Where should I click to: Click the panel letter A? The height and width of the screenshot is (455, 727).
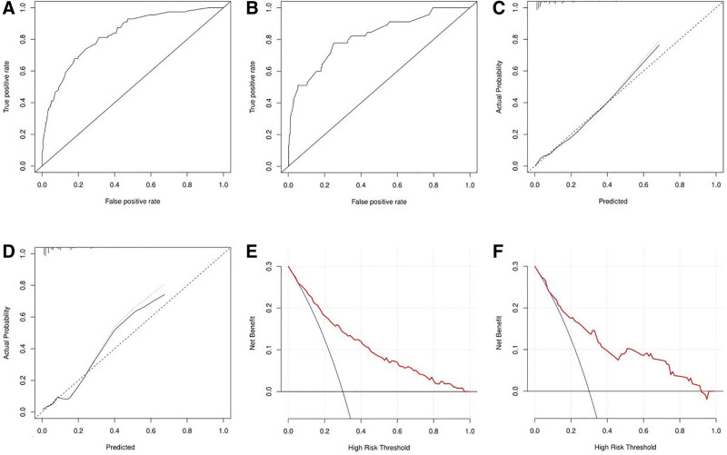click(x=8, y=9)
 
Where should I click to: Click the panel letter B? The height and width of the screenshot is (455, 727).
click(x=253, y=9)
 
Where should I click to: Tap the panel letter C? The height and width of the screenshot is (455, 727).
click(x=499, y=9)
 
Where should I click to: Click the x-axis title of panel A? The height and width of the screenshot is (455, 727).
click(x=133, y=202)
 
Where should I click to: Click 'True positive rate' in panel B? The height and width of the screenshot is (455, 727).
click(x=254, y=86)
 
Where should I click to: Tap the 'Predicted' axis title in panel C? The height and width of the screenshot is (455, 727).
click(x=612, y=202)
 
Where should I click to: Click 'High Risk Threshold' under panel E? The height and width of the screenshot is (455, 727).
click(x=379, y=447)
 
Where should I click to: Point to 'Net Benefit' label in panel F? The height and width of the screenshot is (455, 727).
click(x=499, y=332)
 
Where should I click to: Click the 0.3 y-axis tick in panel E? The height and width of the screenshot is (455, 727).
click(x=268, y=266)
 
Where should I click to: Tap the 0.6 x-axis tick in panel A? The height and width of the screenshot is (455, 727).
click(x=151, y=184)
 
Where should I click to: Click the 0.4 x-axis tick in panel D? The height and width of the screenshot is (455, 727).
click(x=115, y=430)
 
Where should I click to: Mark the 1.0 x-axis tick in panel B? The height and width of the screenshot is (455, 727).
click(x=470, y=184)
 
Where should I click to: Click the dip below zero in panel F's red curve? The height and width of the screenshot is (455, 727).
click(x=707, y=398)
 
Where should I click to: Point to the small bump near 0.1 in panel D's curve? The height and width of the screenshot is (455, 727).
click(x=58, y=397)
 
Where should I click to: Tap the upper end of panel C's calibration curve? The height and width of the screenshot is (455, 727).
click(x=659, y=45)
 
